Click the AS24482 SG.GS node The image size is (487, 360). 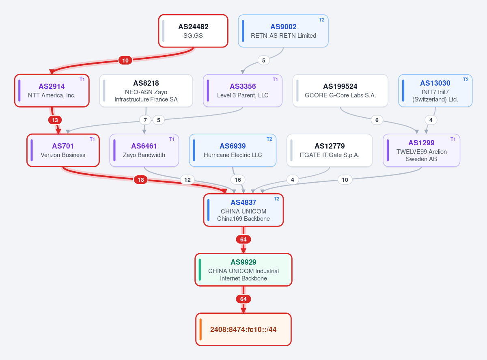(x=193, y=31)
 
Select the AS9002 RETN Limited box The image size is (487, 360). (x=283, y=31)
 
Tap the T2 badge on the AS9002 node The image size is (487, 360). (x=321, y=20)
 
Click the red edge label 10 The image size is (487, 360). (x=125, y=60)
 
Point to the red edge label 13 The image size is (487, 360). (x=55, y=120)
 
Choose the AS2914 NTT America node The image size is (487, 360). (x=52, y=91)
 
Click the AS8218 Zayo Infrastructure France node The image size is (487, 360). (x=146, y=91)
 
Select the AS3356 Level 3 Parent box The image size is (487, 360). (x=243, y=91)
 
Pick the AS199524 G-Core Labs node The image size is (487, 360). (x=340, y=91)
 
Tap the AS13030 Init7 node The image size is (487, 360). (x=435, y=91)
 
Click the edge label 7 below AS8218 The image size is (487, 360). (x=145, y=120)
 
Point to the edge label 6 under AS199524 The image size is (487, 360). (x=377, y=120)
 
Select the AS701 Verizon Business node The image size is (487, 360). (x=63, y=151)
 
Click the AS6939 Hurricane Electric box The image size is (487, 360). (x=233, y=151)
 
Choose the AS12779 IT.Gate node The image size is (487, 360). (x=330, y=151)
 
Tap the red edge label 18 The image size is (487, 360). (x=141, y=180)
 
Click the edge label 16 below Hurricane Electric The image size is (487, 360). (x=238, y=180)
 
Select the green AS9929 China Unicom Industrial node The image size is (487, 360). (x=243, y=270)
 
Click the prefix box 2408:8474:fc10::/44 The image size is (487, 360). (x=243, y=330)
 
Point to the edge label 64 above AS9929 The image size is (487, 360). (x=243, y=239)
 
